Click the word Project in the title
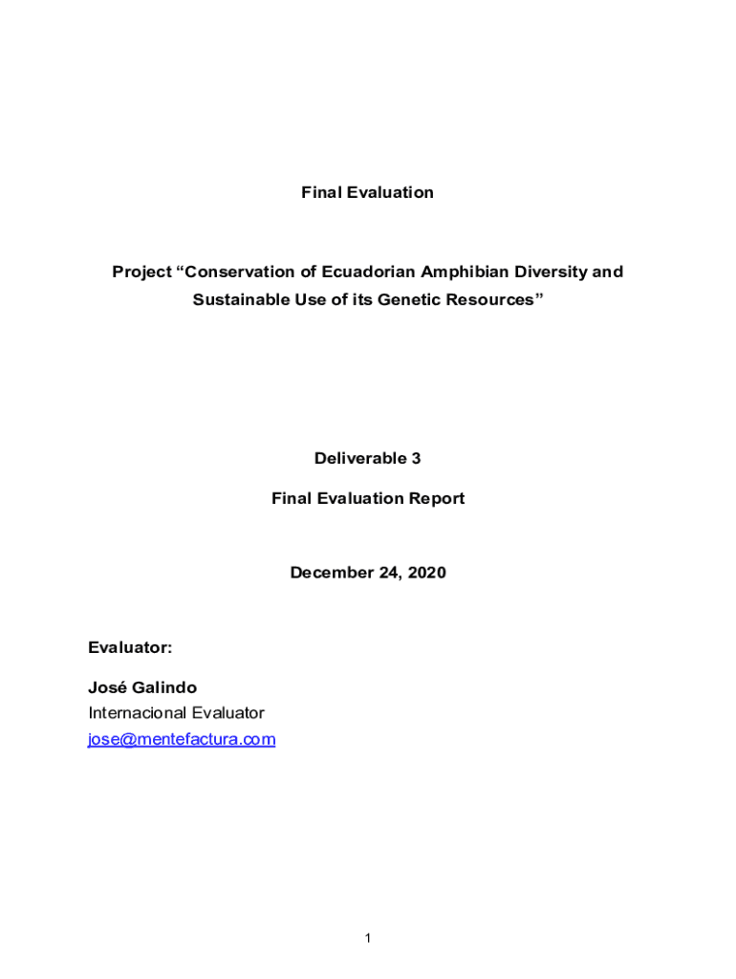tap(141, 272)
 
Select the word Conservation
tap(235, 272)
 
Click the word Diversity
tap(553, 272)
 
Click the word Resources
tap(492, 300)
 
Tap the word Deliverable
tap(360, 459)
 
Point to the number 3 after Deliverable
tap(416, 459)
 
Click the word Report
tap(439, 499)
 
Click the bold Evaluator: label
tap(130, 648)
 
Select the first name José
tap(105, 688)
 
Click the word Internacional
tap(138, 713)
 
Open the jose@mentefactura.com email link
tap(182, 740)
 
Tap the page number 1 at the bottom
tap(367, 940)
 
